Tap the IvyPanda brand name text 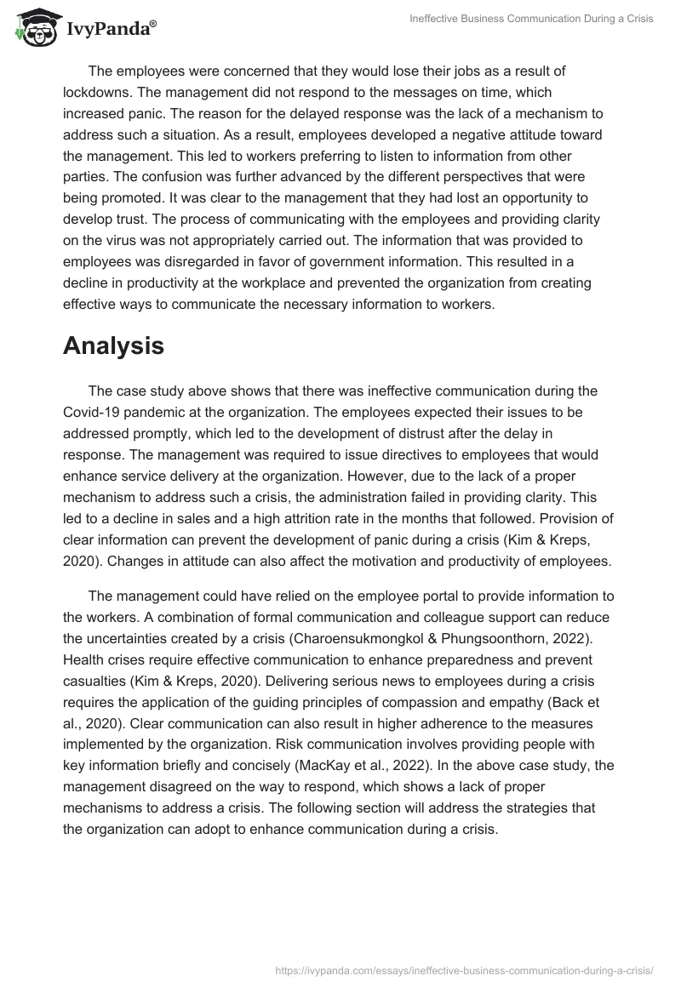coord(110,28)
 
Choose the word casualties coord(96,680)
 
